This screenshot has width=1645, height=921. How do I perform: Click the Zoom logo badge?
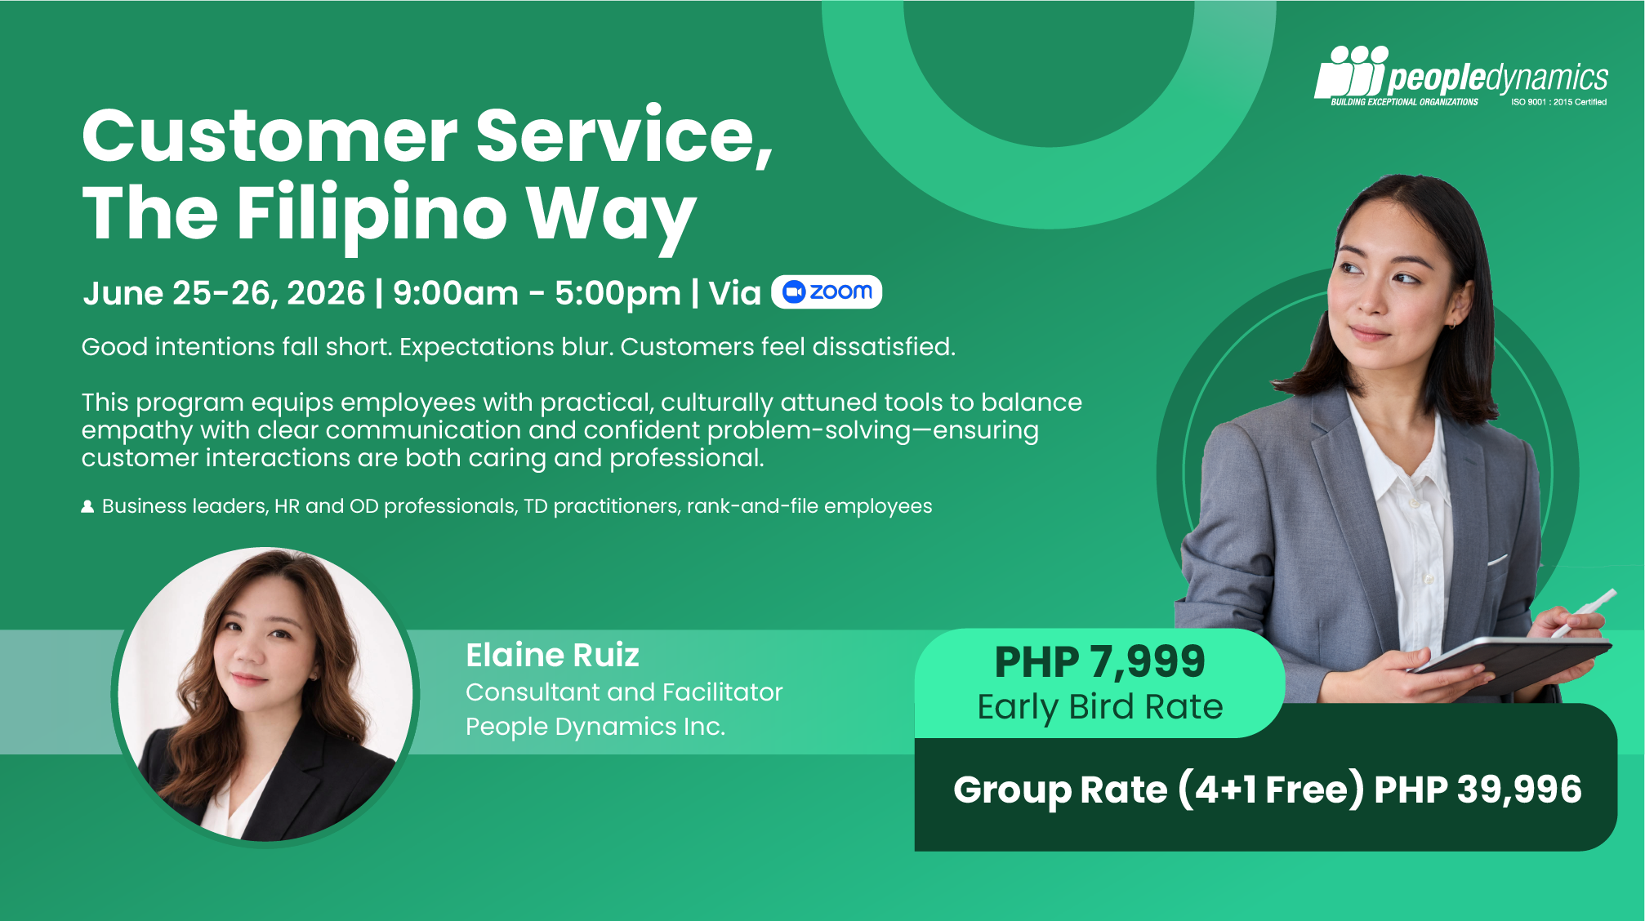pyautogui.click(x=826, y=291)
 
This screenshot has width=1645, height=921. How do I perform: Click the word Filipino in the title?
pyautogui.click(x=372, y=214)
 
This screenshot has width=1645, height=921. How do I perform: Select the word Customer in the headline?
pyautogui.click(x=270, y=136)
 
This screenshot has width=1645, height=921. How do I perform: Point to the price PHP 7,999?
pyautogui.click(x=1099, y=661)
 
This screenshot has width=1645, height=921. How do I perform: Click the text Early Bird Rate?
pyautogui.click(x=1100, y=707)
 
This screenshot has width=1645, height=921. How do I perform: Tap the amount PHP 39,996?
pyautogui.click(x=1478, y=790)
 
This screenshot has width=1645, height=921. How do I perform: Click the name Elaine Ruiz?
pyautogui.click(x=552, y=655)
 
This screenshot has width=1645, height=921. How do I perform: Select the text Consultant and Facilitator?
pyautogui.click(x=624, y=692)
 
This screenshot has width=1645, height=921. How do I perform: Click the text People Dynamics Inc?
pyautogui.click(x=595, y=727)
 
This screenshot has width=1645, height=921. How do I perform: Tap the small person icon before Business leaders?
pyautogui.click(x=87, y=506)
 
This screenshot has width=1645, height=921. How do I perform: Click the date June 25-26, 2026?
pyautogui.click(x=224, y=293)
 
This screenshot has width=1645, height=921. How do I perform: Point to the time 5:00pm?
pyautogui.click(x=617, y=294)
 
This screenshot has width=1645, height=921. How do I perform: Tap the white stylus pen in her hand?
pyautogui.click(x=1585, y=612)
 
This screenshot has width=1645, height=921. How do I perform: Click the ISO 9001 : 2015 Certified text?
pyautogui.click(x=1558, y=102)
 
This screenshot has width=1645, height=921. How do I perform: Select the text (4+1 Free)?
pyautogui.click(x=1271, y=790)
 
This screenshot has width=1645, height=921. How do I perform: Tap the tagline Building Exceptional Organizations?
pyautogui.click(x=1404, y=102)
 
